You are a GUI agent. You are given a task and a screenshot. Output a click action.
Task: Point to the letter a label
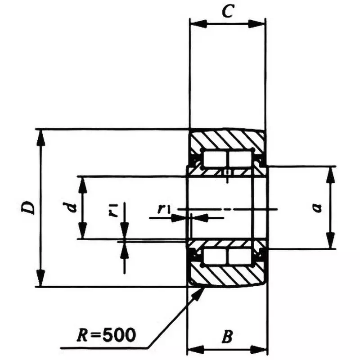click(317, 207)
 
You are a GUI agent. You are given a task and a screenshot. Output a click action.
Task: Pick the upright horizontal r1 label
click(163, 208)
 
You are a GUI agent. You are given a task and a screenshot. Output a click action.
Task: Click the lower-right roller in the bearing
click(239, 256)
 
